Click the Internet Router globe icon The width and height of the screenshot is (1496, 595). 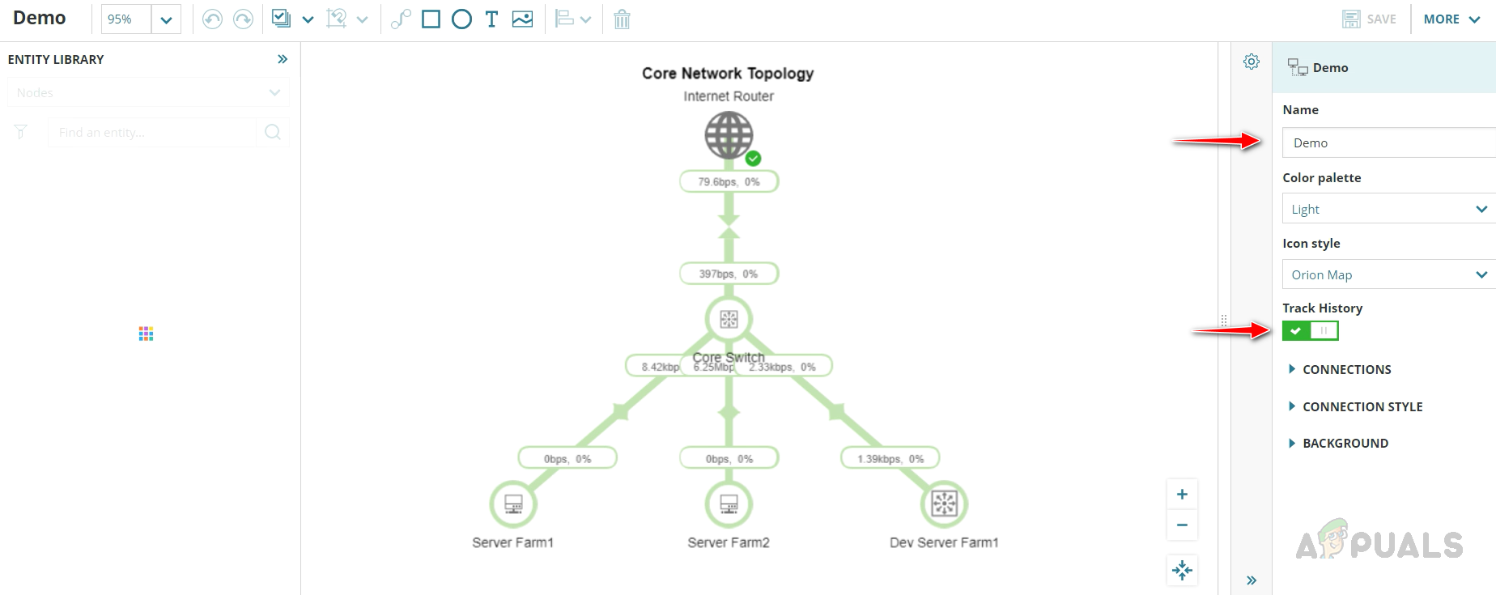click(728, 134)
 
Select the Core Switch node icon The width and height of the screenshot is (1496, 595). click(729, 319)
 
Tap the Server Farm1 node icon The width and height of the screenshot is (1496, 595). click(513, 504)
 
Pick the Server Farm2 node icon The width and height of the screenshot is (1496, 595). click(729, 504)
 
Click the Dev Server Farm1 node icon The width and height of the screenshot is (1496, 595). click(944, 504)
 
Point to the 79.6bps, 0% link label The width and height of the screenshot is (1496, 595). click(729, 182)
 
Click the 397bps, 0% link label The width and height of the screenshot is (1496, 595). click(729, 274)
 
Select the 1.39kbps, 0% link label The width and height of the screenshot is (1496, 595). click(890, 459)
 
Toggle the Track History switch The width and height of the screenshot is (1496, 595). click(1310, 330)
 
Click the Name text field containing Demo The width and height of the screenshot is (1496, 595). click(1388, 142)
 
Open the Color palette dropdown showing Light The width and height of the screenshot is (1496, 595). click(1388, 209)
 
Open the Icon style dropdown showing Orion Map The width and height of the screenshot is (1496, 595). click(1388, 274)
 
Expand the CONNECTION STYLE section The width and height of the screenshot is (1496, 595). click(1362, 406)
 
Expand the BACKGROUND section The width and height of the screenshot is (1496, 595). click(1345, 443)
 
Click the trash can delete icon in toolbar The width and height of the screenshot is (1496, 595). click(622, 19)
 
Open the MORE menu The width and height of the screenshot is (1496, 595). click(1451, 19)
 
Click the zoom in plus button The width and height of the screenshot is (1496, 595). click(1182, 495)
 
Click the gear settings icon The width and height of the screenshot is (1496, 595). click(1252, 62)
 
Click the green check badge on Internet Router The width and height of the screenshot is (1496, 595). click(753, 158)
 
